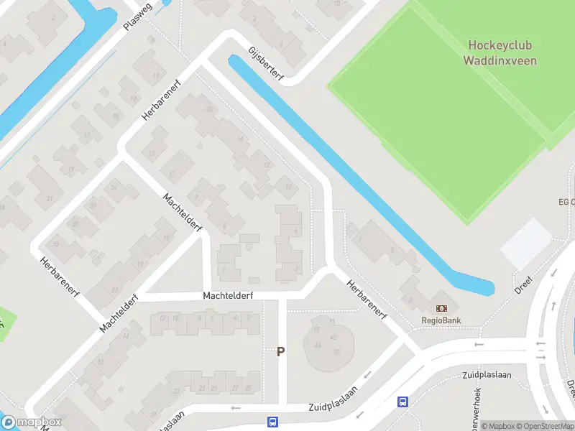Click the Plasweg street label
click(138, 15)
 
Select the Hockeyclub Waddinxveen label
click(502, 52)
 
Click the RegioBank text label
click(441, 320)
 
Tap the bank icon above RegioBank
click(441, 308)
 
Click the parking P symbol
click(281, 352)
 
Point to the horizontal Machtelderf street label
click(228, 295)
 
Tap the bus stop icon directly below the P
click(273, 422)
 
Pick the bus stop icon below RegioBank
click(402, 402)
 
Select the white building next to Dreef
click(526, 244)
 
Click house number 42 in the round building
click(333, 337)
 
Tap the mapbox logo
click(32, 422)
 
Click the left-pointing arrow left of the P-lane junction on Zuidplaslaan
click(235, 408)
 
